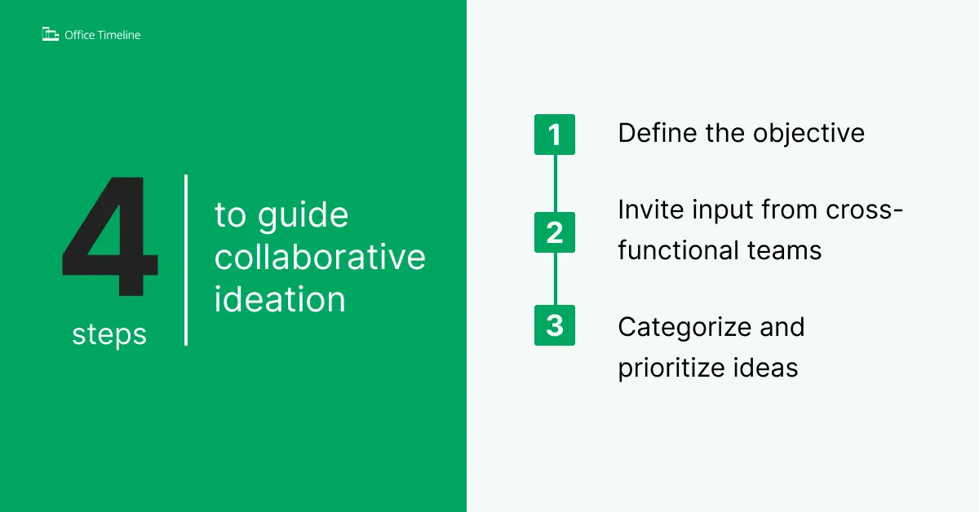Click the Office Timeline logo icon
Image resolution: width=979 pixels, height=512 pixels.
[x=51, y=34]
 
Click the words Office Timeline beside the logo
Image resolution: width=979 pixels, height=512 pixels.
[x=102, y=35]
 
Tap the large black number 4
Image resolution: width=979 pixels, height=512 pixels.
[x=110, y=236]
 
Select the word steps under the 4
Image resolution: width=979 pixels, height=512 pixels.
[x=109, y=335]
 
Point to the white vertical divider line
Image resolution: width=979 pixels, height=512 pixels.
[x=186, y=260]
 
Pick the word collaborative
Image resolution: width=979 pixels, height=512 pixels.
[x=320, y=257]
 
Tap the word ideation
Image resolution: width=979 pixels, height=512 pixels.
[x=280, y=299]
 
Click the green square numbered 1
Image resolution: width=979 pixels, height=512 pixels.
[x=555, y=135]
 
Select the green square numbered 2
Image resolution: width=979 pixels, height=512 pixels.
[x=555, y=232]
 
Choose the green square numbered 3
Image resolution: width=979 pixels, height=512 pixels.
[x=555, y=325]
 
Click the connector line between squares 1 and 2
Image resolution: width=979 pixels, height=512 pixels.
[x=555, y=183]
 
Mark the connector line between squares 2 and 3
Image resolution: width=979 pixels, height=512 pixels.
[x=555, y=279]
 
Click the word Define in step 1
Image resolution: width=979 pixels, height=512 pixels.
[x=658, y=132]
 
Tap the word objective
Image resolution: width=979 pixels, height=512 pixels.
[x=808, y=134]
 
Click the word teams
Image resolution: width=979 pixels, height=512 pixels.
[x=785, y=251]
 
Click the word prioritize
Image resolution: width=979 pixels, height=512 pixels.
[x=671, y=369]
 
